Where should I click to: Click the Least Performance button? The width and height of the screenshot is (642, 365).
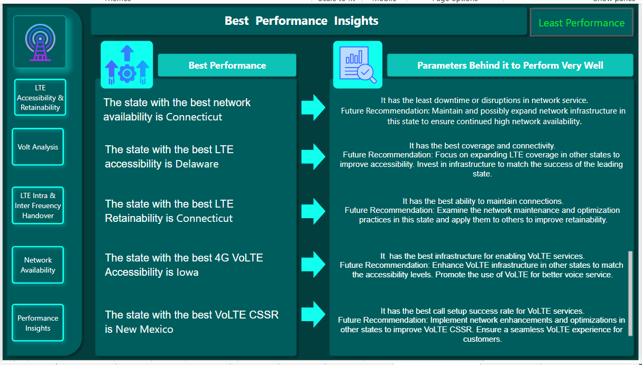click(581, 23)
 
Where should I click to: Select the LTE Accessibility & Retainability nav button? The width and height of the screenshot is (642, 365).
click(40, 98)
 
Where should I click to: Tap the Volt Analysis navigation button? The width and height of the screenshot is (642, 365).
click(38, 147)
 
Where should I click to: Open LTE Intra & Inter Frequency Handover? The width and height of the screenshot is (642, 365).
click(38, 205)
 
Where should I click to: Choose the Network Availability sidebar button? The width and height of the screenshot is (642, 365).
click(38, 265)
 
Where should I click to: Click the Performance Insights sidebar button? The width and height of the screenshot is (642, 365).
click(38, 323)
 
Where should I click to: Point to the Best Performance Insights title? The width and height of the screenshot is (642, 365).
click(301, 21)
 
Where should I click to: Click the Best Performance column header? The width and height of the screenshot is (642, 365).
click(227, 65)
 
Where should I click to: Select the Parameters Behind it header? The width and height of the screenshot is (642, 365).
click(510, 65)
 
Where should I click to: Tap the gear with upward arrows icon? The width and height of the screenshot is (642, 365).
click(127, 65)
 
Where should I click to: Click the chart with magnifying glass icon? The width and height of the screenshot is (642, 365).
click(357, 65)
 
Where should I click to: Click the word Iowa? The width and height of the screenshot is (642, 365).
click(188, 273)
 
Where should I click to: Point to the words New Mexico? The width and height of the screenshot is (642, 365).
click(146, 330)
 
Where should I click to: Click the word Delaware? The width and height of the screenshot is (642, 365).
click(197, 164)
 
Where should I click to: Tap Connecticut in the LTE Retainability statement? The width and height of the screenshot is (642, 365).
click(204, 219)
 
